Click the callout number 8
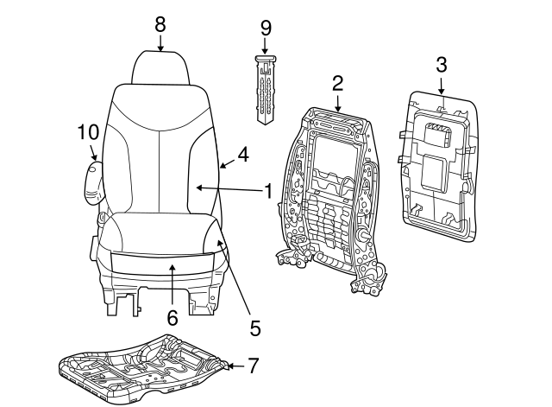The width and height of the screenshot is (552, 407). [x=160, y=24]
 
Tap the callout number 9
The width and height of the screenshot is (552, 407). [x=266, y=28]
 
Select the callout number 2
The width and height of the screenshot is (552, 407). [x=338, y=83]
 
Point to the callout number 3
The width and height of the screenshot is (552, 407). [x=441, y=63]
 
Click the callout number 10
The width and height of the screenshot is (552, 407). [x=88, y=132]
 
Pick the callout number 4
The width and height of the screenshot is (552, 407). [x=243, y=155]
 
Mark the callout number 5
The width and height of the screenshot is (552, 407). [x=254, y=328]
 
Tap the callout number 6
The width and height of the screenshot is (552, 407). [x=172, y=318]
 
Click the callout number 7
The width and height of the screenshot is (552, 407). [x=253, y=366]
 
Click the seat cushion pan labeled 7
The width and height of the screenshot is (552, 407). [x=142, y=367]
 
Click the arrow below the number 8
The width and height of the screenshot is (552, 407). [x=160, y=43]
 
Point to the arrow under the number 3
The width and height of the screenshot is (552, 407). [x=441, y=85]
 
